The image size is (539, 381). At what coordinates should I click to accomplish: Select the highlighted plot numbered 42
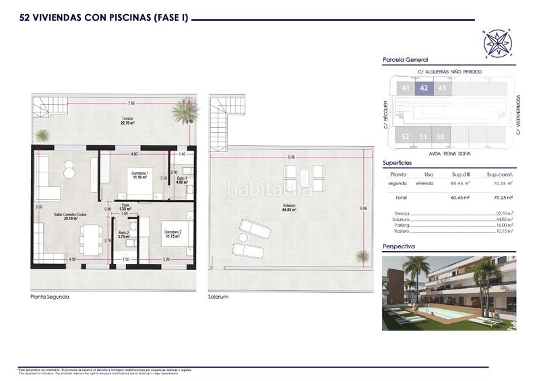[424, 88]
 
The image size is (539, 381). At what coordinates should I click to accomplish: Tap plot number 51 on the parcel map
[423, 137]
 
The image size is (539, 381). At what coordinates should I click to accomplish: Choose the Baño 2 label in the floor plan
[123, 234]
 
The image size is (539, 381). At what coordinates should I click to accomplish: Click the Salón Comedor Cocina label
[70, 215]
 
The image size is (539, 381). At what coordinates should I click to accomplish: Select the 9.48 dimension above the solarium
[291, 157]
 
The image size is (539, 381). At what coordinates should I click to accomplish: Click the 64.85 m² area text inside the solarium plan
[290, 209]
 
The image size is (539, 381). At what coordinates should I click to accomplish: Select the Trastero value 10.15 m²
[502, 231]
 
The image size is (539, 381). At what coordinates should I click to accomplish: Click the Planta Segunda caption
[50, 297]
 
